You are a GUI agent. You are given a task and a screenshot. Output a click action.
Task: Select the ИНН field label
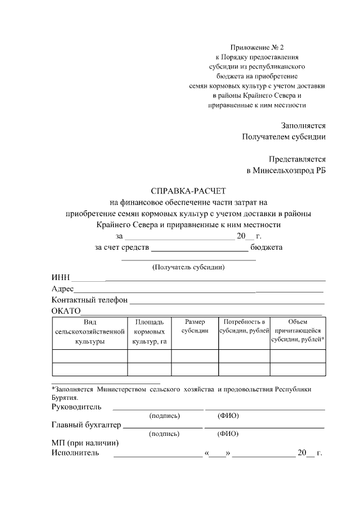pos(61,277)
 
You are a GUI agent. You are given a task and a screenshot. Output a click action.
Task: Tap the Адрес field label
pos(62,289)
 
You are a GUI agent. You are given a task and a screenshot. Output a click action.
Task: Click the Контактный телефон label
pos(89,300)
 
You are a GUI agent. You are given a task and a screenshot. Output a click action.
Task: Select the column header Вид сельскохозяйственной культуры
pos(89,331)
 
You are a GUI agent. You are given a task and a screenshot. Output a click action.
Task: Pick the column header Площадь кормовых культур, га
pos(149,331)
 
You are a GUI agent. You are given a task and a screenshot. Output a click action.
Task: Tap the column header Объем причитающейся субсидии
pos(298,331)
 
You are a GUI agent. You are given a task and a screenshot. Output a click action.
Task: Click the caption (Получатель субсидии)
pos(188,267)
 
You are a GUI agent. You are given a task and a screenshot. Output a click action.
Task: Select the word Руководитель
pos(76,406)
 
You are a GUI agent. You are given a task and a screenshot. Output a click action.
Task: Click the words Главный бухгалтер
pos(86,424)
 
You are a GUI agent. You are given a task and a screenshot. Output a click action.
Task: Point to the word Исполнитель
pos(75,452)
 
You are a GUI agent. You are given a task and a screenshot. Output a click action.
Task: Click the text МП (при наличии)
pos(84,443)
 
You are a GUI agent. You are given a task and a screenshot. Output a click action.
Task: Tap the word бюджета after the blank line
pos(267,247)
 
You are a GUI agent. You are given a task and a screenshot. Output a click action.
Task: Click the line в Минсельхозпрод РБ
pos(286,170)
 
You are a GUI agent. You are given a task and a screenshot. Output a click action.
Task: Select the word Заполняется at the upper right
pos(303,125)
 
